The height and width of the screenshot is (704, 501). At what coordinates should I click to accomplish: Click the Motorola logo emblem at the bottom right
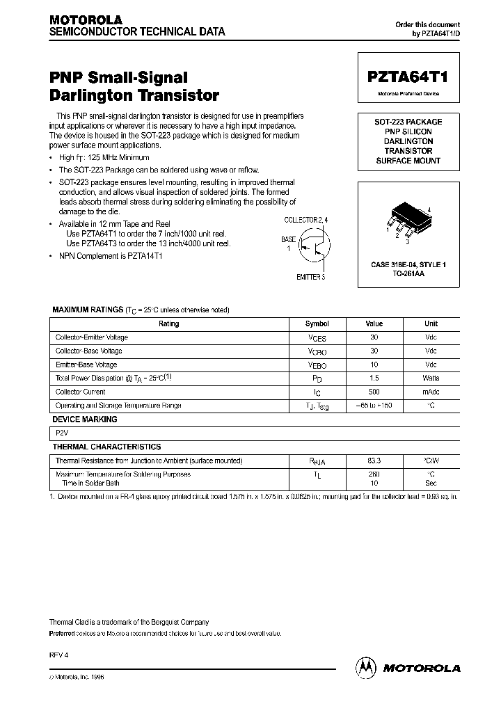coord(364,667)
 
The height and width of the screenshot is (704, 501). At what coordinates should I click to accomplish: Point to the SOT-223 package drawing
coord(406,218)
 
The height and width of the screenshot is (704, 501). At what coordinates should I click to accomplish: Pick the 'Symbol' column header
coord(317,323)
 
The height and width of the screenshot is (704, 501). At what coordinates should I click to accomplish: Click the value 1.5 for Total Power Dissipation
coord(374,378)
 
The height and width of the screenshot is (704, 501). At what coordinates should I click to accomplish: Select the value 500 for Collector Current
coord(374,392)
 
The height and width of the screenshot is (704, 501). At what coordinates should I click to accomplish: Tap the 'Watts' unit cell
coord(431,378)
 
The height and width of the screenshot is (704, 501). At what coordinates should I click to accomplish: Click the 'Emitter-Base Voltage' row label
coord(86,365)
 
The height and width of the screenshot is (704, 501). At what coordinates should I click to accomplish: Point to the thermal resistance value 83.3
coord(374,461)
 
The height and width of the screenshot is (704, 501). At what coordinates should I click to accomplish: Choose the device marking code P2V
coord(61,433)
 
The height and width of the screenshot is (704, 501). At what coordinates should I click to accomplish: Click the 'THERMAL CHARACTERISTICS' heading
coord(106,447)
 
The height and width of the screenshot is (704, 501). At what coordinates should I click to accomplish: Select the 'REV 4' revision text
coord(58,655)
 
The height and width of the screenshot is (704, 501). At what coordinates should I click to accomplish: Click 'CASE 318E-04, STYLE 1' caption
coord(408,265)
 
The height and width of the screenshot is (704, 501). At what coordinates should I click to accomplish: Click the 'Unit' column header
coord(431,323)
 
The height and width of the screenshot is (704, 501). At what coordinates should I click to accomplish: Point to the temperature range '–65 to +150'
coord(374,405)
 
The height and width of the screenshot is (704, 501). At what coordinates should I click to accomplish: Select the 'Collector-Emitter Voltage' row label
coord(91,337)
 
